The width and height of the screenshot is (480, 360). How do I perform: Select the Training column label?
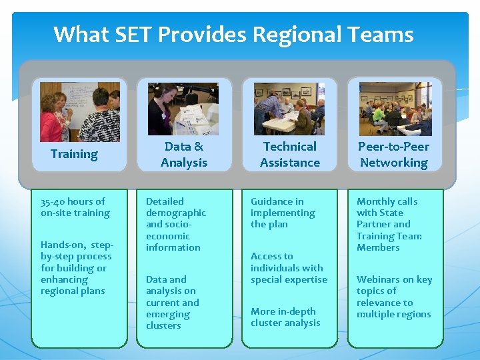(74, 154)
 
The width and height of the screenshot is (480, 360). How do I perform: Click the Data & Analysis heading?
(184, 154)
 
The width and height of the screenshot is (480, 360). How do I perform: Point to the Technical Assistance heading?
(290, 154)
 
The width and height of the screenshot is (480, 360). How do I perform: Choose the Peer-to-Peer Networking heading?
(394, 154)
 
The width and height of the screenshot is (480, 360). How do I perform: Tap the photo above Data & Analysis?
(183, 109)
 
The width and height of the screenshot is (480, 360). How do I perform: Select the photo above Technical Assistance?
(289, 109)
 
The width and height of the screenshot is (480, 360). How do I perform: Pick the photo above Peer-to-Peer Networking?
(395, 109)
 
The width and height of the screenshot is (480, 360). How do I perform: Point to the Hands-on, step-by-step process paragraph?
(75, 267)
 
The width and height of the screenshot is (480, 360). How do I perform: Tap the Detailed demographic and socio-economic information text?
(175, 224)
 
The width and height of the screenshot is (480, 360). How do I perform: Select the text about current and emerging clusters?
(172, 302)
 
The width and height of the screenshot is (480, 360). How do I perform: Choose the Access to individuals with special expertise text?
(289, 267)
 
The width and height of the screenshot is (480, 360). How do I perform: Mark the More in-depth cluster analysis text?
(285, 317)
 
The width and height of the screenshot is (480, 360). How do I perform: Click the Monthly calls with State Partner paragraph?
(389, 224)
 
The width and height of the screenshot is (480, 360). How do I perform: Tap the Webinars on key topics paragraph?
(394, 297)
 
